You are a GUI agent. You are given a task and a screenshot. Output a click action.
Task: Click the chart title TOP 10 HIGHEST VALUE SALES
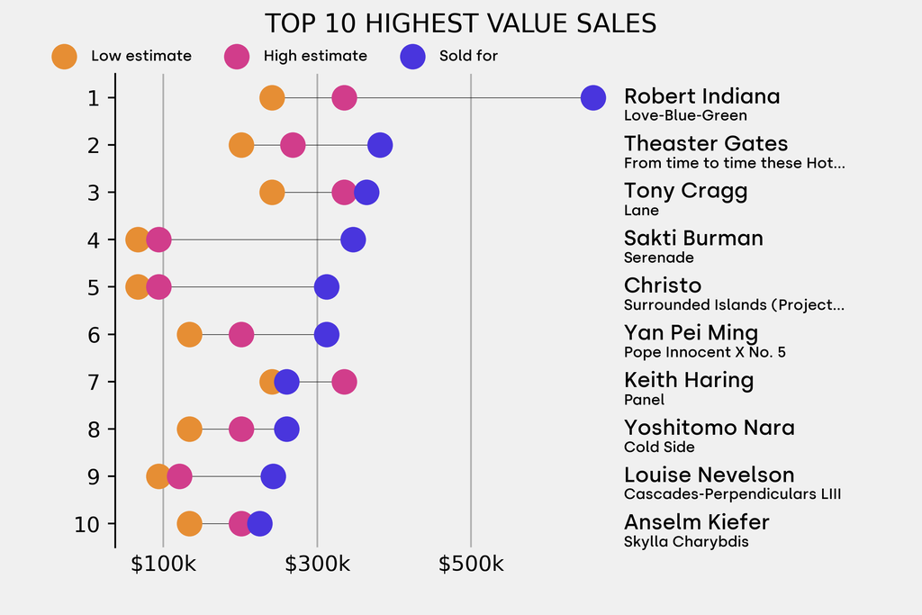point(460,23)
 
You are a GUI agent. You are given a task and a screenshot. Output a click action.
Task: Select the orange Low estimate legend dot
point(64,56)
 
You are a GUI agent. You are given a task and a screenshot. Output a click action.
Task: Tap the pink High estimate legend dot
point(237,56)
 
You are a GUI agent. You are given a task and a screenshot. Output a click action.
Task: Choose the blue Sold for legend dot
point(412,56)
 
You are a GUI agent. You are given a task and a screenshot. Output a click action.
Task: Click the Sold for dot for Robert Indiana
point(592,97)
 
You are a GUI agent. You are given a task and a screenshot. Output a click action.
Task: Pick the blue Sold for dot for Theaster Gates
point(380,145)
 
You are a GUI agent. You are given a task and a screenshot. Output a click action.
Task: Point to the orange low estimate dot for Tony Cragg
point(272,192)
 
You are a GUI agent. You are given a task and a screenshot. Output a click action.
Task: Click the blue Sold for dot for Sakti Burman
point(353,240)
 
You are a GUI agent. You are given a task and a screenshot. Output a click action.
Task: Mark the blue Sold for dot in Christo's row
point(327,287)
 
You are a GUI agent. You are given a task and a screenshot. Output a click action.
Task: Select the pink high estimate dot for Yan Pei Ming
point(241,335)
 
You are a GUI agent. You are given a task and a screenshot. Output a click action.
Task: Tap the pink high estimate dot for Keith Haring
point(344,382)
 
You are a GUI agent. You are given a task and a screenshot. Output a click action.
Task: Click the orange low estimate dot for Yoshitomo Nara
point(189,430)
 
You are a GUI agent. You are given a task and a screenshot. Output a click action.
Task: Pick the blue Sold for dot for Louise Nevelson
point(273,476)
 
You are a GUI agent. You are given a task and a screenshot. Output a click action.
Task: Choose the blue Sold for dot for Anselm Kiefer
point(259,523)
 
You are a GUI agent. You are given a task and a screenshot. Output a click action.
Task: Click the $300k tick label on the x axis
point(317,565)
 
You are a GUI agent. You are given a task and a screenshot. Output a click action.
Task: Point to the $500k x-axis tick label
point(471,565)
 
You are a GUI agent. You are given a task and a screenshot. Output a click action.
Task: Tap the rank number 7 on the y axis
point(94,382)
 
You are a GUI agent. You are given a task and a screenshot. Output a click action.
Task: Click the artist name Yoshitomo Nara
point(709,427)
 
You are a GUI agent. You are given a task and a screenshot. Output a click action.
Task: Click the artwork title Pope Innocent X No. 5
point(704,352)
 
